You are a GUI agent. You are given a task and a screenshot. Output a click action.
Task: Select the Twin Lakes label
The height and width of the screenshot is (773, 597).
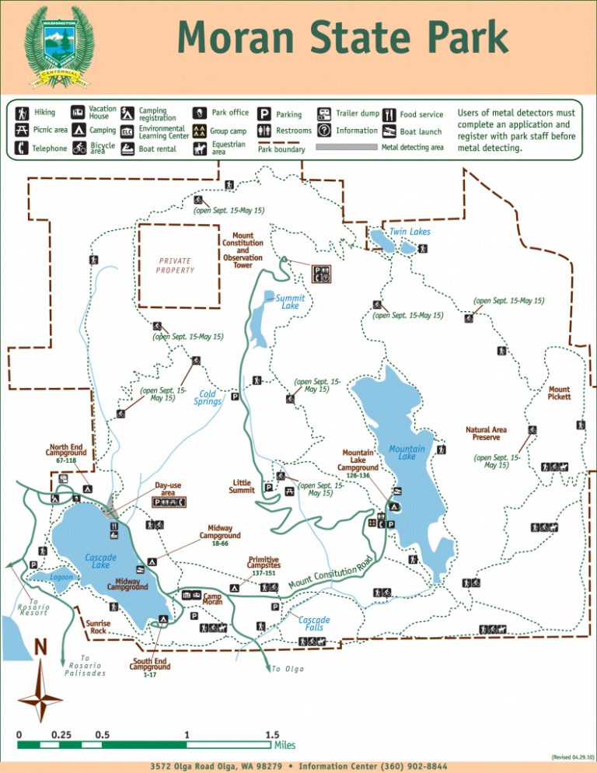pyautogui.click(x=410, y=232)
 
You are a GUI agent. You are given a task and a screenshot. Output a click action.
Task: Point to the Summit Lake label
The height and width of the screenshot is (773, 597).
pyautogui.click(x=290, y=302)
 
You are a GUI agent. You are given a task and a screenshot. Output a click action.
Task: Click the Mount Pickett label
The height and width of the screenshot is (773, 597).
pyautogui.click(x=559, y=393)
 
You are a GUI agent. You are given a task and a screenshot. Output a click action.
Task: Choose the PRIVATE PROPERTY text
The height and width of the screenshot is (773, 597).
pyautogui.click(x=175, y=265)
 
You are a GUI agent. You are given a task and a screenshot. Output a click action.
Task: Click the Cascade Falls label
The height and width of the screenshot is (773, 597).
pyautogui.click(x=314, y=624)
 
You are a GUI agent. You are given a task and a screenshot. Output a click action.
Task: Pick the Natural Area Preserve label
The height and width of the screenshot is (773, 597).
pyautogui.click(x=487, y=433)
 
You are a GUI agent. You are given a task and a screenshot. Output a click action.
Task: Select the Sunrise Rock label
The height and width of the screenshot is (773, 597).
pyautogui.click(x=98, y=627)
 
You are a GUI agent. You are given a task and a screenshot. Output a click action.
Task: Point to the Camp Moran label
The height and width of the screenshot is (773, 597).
pyautogui.click(x=213, y=599)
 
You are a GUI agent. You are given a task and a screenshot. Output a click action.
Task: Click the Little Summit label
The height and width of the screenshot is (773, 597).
pyautogui.click(x=243, y=486)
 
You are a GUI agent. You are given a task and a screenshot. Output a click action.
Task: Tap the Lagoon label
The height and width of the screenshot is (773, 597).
pyautogui.click(x=61, y=578)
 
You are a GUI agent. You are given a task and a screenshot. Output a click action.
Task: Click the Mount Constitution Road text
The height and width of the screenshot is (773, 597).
pyautogui.click(x=331, y=573)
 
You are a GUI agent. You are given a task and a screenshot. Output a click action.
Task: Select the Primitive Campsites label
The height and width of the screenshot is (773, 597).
pyautogui.click(x=264, y=562)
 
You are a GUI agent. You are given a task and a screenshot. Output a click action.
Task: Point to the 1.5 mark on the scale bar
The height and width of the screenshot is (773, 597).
pyautogui.click(x=272, y=735)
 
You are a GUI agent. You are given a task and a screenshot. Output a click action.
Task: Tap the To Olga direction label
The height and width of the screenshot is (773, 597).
pyautogui.click(x=288, y=669)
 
